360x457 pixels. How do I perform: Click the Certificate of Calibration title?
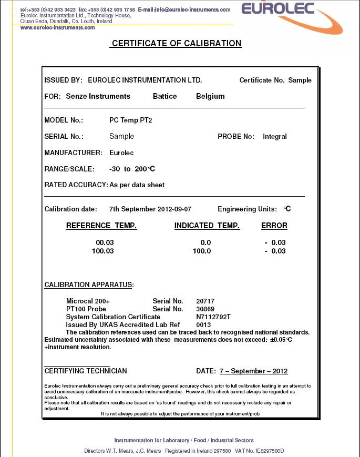click(x=176, y=44)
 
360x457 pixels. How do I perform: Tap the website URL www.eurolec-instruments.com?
click(x=58, y=27)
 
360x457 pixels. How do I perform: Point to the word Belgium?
click(x=210, y=96)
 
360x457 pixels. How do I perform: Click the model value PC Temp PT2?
click(x=130, y=120)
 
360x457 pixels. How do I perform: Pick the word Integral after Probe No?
click(x=275, y=137)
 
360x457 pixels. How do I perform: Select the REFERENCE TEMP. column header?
click(x=101, y=226)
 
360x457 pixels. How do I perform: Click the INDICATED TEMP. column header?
click(x=207, y=226)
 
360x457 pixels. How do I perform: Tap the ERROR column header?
click(x=274, y=226)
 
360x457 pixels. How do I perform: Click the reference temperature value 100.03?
click(x=103, y=251)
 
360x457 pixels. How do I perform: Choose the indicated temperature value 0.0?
click(x=205, y=242)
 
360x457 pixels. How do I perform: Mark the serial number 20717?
click(x=205, y=301)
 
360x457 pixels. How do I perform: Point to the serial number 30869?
click(x=205, y=309)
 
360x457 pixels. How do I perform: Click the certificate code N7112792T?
click(x=213, y=317)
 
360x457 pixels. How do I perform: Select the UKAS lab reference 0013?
click(x=203, y=325)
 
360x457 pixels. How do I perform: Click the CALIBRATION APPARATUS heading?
click(x=88, y=285)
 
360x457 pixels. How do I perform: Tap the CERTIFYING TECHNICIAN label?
click(x=86, y=371)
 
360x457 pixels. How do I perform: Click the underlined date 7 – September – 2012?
click(x=253, y=371)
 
